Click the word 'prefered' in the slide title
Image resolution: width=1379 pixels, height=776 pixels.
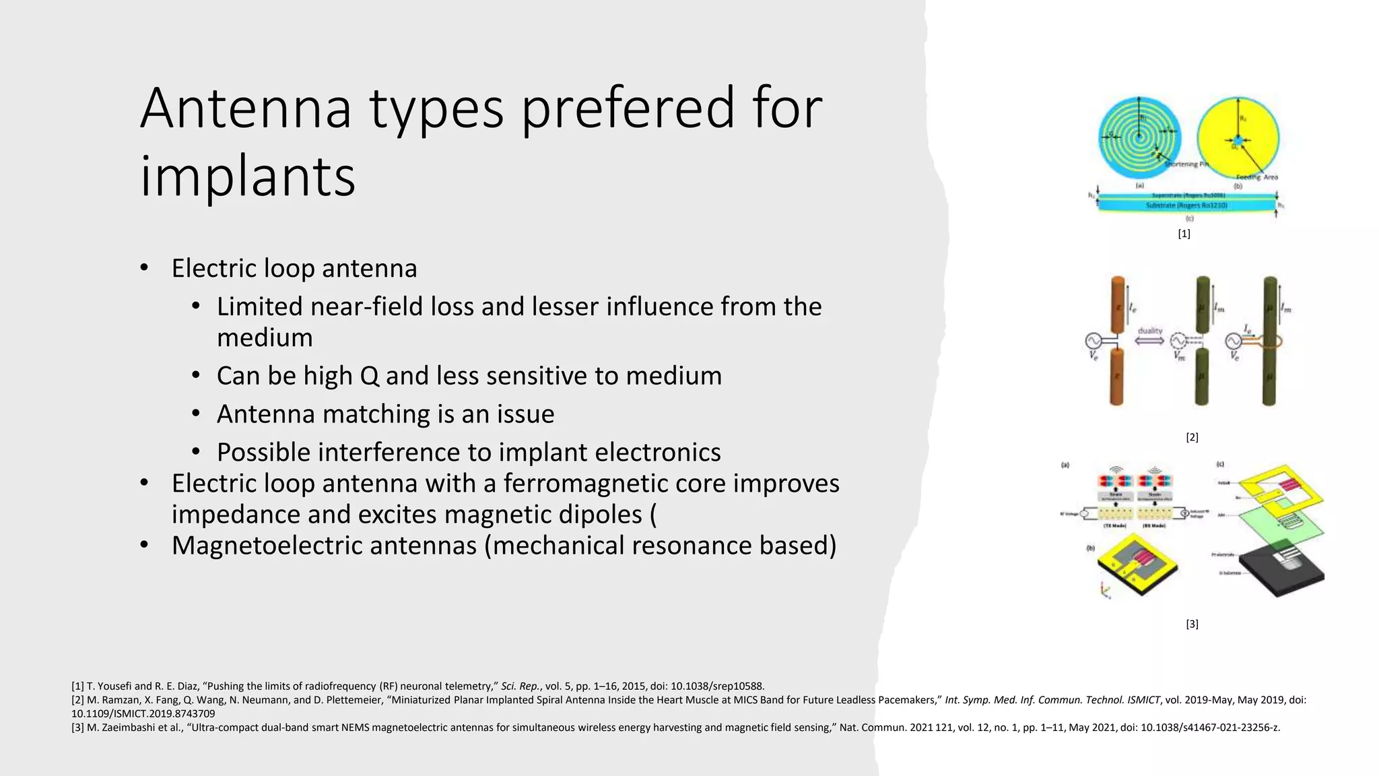pos(628,109)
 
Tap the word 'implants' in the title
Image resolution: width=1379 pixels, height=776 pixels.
pos(247,176)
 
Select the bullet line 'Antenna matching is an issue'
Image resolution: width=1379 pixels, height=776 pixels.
pos(385,414)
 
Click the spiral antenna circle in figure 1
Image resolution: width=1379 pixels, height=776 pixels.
pos(1139,138)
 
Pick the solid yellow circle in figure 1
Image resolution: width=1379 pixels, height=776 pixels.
pos(1238,138)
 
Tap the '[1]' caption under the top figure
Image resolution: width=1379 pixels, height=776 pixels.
pos(1184,234)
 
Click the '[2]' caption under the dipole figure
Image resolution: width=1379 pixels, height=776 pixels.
pos(1192,437)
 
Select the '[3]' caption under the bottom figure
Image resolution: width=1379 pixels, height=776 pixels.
pos(1192,624)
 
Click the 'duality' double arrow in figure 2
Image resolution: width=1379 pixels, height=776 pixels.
pos(1149,341)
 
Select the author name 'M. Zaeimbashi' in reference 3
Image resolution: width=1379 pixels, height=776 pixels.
pos(120,727)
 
